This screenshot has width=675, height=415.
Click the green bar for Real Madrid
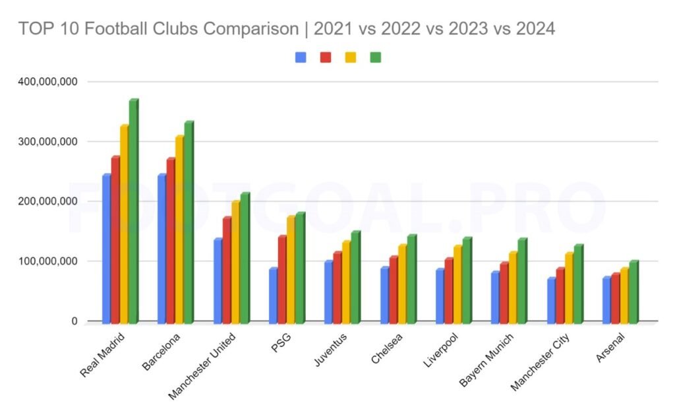(x=133, y=211)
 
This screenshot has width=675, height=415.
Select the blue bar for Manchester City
(x=551, y=300)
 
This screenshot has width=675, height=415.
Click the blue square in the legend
(x=301, y=57)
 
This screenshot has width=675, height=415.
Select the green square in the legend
(x=376, y=57)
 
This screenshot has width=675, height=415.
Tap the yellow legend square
(x=351, y=57)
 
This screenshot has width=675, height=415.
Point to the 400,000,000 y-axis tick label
(x=45, y=82)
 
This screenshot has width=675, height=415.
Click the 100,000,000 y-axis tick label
(x=45, y=261)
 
